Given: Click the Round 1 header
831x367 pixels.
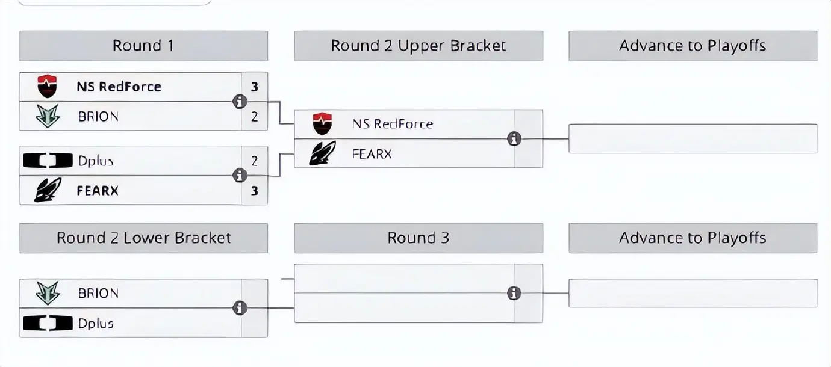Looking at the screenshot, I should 143,46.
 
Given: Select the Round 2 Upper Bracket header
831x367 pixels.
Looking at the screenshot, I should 419,46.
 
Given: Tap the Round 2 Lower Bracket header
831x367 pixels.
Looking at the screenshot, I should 143,238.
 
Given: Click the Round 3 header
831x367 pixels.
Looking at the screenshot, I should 419,238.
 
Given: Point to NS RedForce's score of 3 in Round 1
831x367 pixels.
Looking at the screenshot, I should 255,87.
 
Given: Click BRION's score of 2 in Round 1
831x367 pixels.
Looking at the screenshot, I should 255,116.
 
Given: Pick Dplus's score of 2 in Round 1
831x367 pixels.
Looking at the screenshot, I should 255,161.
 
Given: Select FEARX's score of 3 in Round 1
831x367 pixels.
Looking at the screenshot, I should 255,191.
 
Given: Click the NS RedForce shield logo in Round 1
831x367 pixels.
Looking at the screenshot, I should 47,87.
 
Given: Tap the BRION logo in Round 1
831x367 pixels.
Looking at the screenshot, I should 48,116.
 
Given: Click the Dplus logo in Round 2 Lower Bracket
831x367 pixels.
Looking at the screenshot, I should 48,324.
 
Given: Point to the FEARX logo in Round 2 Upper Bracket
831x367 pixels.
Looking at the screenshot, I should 322,154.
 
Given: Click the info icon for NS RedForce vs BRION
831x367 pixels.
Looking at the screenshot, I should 240,102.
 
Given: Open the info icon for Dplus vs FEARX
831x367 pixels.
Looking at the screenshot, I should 240,176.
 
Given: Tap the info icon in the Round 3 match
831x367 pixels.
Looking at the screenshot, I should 514,293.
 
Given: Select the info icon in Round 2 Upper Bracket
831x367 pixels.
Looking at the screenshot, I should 514,139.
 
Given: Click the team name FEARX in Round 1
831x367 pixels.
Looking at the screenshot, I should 98,191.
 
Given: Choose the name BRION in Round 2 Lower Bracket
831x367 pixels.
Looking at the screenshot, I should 98,294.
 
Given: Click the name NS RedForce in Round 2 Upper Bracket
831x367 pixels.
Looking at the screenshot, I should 392,124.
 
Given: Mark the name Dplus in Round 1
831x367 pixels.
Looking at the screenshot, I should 96,161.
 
